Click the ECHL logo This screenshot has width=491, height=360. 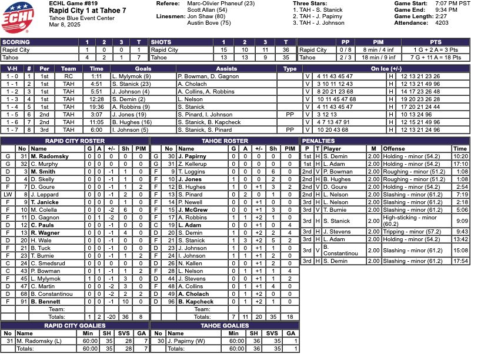pyautogui.click(x=21, y=18)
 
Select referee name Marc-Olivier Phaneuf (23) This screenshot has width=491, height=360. pyautogui.click(x=221, y=4)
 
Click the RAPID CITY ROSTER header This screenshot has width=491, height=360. pyautogui.click(x=75, y=141)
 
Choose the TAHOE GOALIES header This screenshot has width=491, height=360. pyautogui.click(x=225, y=325)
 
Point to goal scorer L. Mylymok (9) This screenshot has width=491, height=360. pyautogui.click(x=131, y=76)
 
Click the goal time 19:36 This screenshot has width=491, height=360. pyautogui.click(x=96, y=107)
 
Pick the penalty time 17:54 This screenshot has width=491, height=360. pyautogui.click(x=460, y=261)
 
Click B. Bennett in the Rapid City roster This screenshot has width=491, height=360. pyautogui.click(x=45, y=302)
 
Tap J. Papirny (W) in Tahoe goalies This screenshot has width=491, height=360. pyautogui.click(x=188, y=341)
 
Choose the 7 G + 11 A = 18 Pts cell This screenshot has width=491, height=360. pyautogui.click(x=436, y=58)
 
